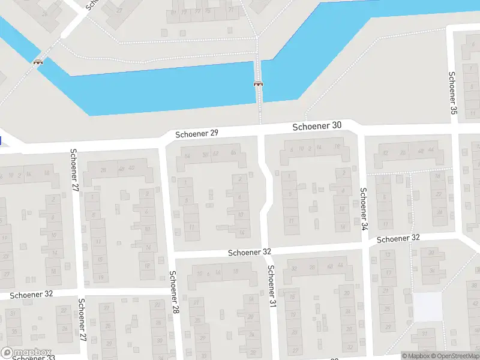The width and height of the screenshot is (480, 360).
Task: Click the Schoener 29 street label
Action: click(197, 134)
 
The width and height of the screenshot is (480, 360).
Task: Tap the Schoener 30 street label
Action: click(317, 127)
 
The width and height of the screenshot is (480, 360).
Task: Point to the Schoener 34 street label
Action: click(363, 209)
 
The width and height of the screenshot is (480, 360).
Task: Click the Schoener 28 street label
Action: click(175, 292)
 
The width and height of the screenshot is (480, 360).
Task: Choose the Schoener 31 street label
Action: click(271, 286)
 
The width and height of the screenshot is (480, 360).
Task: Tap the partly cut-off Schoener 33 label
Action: click(33, 358)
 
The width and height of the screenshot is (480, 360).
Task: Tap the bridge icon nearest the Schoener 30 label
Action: click(259, 84)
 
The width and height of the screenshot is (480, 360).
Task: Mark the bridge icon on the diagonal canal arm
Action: click(38, 61)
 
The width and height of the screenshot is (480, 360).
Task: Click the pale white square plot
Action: click(428, 307)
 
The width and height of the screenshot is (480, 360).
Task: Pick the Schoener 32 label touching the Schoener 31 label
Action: click(250, 253)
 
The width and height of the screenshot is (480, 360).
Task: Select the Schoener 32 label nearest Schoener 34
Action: click(398, 238)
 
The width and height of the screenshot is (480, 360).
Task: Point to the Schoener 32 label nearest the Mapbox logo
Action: click(32, 295)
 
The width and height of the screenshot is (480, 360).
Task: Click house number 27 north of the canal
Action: click(119, 10)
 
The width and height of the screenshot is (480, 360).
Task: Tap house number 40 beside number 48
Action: click(131, 168)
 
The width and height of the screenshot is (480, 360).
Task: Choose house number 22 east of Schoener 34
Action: click(439, 194)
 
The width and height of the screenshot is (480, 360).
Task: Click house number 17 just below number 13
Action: click(388, 273)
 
